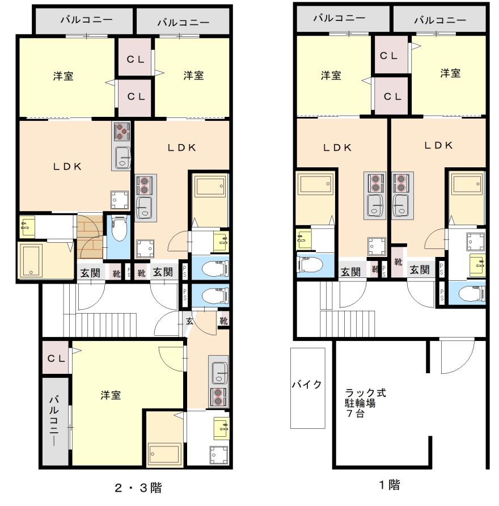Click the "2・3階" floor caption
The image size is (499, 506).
pos(138,488)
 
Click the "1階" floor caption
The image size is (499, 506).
pos(390,484)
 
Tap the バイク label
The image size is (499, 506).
pos(307,385)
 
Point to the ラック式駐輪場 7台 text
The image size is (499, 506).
pos(365,403)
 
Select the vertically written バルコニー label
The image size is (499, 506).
pos(54,421)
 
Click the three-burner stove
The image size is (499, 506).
pos(122,132)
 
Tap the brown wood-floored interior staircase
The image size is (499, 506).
pos(90,237)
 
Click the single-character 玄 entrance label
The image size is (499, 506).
pos(189,321)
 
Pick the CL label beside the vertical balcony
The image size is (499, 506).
pos(56,358)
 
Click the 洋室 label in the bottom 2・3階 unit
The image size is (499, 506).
pos(111,395)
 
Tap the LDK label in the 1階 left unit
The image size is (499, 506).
pos(337,147)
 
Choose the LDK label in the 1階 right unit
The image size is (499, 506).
pos(438,145)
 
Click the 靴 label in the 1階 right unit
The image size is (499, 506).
pos(398,262)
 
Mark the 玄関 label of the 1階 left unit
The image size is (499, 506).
pos(350,272)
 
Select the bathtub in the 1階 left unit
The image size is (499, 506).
pos(315,184)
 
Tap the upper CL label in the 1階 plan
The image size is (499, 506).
pos(388,56)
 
